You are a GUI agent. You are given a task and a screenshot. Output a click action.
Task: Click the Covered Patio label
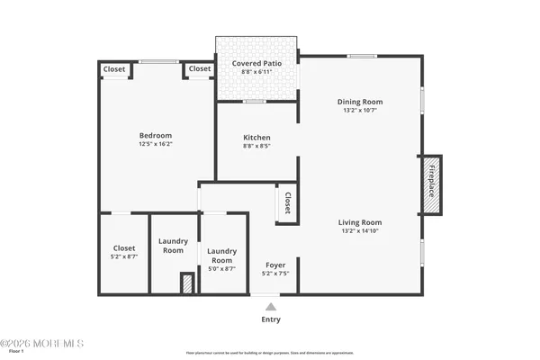pos(257,64)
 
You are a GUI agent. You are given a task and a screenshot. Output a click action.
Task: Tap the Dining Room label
pos(360,102)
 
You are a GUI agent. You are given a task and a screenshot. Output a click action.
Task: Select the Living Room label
pos(360,222)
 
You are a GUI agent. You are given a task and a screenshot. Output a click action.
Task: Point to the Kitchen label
pos(256,138)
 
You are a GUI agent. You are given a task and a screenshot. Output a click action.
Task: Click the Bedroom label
pos(155,135)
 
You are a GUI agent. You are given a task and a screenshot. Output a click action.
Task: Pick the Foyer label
pos(274,265)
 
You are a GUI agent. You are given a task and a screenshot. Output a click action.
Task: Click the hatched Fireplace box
pos(432,185)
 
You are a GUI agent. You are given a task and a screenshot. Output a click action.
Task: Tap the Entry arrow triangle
pos(271,307)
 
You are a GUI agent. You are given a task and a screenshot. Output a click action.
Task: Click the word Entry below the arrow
pos(271,319)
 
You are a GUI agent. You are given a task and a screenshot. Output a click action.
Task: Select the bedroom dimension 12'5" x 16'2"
pos(155,144)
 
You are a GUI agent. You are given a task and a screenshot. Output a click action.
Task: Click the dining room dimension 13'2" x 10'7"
pos(360,111)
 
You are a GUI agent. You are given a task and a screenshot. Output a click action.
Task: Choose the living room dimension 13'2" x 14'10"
pos(360,231)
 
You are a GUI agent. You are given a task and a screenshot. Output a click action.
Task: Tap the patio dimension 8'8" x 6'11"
pos(257,72)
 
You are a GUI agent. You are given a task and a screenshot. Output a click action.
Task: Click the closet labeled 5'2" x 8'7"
pos(124,256)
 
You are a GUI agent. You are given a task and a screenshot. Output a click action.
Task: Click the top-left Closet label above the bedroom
pos(114,69)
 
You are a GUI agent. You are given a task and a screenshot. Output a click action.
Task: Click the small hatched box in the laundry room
pos(187,283)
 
